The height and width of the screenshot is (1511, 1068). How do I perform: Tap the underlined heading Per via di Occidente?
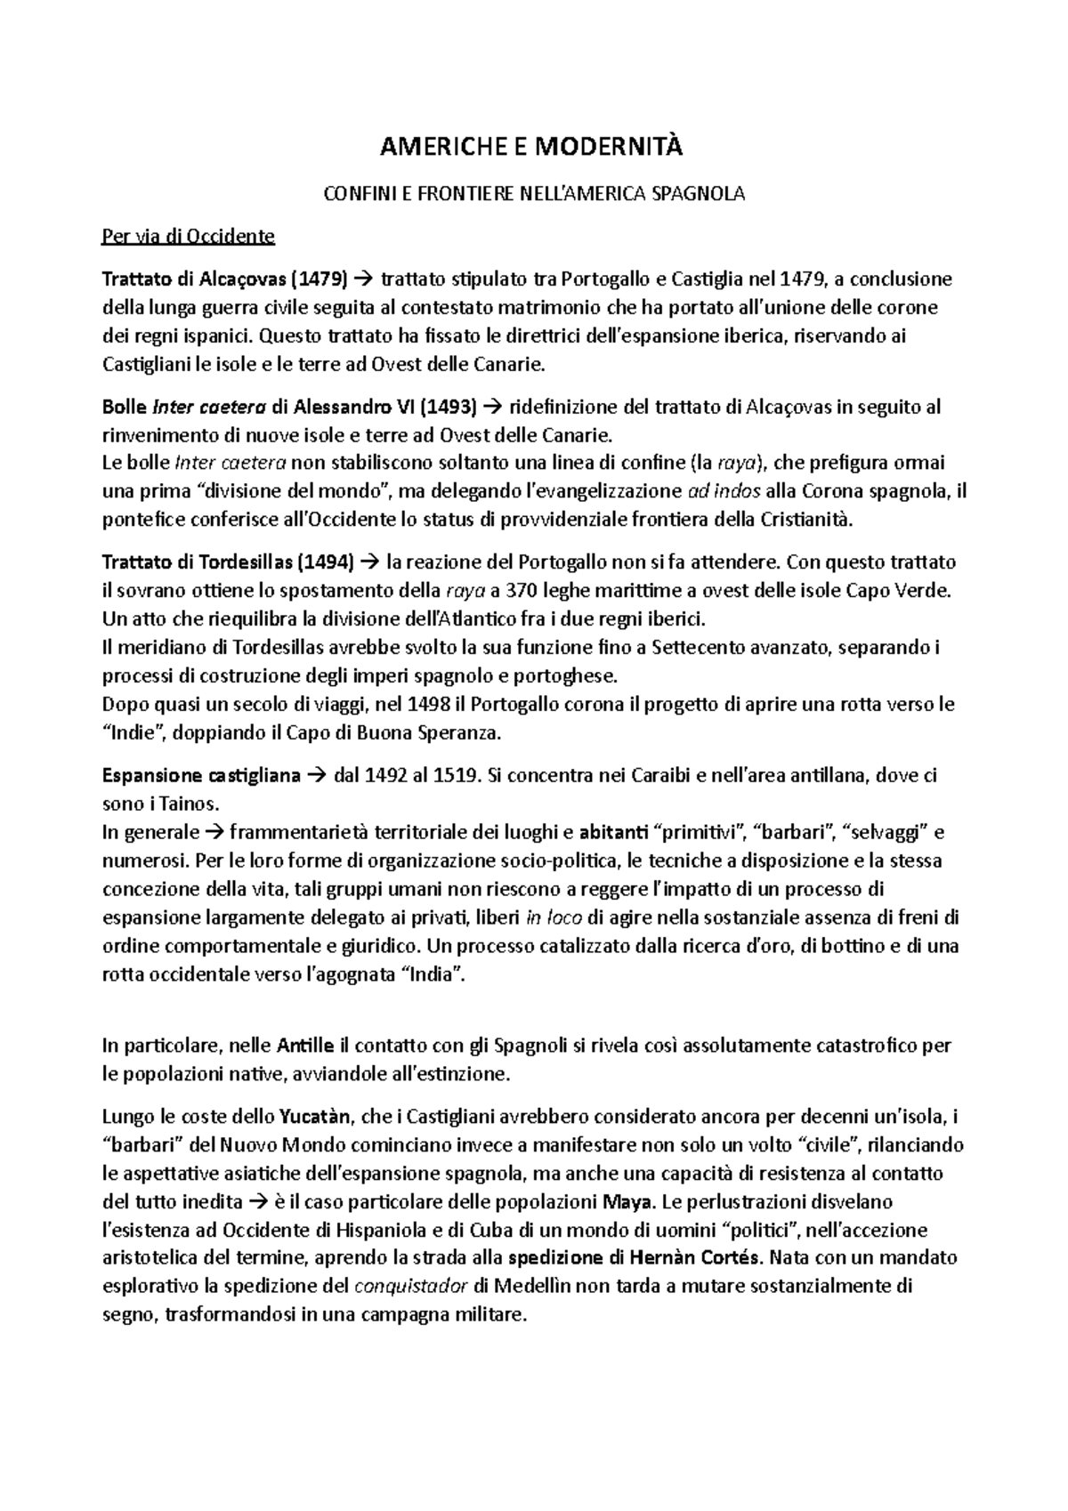tap(189, 237)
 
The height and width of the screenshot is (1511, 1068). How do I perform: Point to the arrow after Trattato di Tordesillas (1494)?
tap(371, 562)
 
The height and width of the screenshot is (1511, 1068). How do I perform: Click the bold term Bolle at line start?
tap(126, 408)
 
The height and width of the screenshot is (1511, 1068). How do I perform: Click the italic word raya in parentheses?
tap(739, 464)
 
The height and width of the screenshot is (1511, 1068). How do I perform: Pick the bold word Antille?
tap(306, 1045)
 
